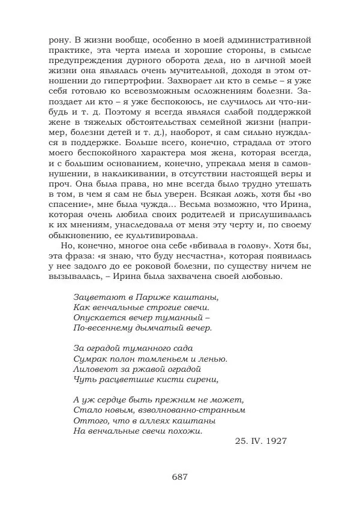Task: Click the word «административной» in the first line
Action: point(266,40)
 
